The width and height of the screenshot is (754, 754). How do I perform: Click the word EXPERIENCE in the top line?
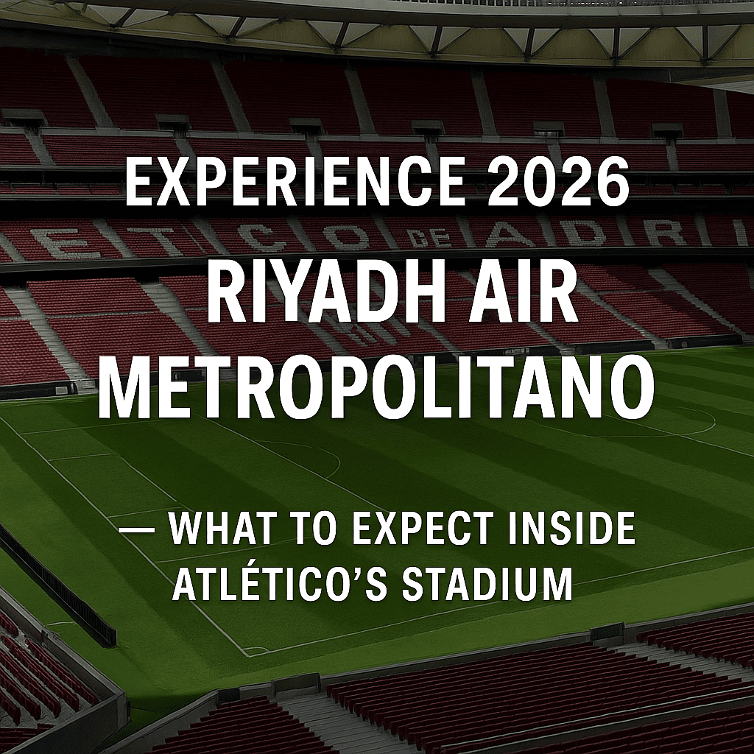point(296,183)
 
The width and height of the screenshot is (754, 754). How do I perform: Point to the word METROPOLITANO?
point(376,389)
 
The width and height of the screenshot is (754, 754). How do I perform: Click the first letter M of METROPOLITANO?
point(124,389)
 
